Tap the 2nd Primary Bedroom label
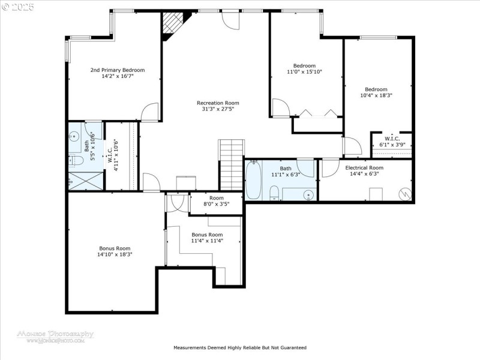coord(118,70)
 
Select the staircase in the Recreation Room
coord(231,164)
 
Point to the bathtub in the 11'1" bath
coord(253,179)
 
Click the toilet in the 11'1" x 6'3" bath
coord(274,193)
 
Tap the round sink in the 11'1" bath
coord(308,194)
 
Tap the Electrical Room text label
coord(364,167)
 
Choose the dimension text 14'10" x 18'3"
coord(115,254)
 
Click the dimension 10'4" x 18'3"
coord(376,95)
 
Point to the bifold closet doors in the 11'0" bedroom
coord(317,112)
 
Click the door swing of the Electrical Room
coord(329,169)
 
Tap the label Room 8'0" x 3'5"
coord(216,201)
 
